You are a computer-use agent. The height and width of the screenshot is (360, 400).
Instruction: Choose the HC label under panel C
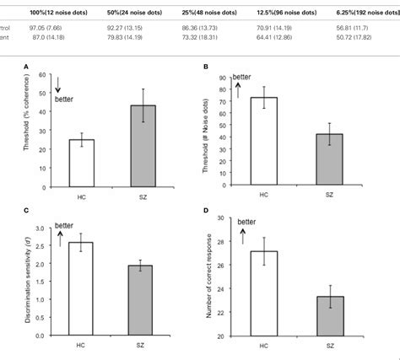click(x=105, y=346)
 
